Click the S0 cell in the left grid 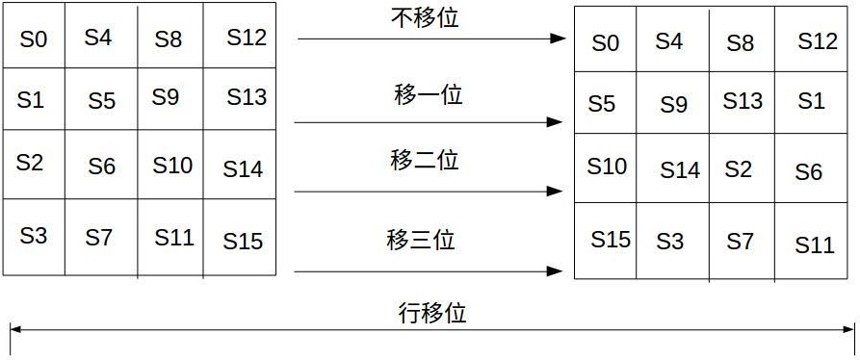pos(34,39)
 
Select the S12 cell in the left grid pos(247,39)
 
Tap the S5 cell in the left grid pos(102,101)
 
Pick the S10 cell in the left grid pos(173,166)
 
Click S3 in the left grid pos(34,235)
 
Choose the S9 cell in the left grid pos(166,97)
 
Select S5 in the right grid pos(602,103)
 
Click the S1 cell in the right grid pos(812,101)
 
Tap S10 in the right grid pos(607,167)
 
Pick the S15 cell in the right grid pos(611,239)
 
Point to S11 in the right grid pos(815,245)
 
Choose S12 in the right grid pos(819,41)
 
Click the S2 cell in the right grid pos(739,168)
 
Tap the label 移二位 pos(425,160)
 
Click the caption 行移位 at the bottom pos(432,313)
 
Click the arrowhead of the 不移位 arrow pos(557,39)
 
